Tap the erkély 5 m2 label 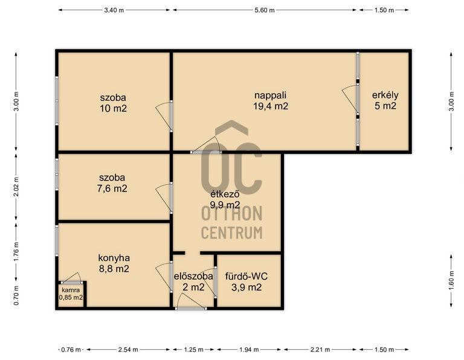[x=385, y=101]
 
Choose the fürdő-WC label [x=246, y=276]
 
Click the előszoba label [x=193, y=276]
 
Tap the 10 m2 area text [x=113, y=108]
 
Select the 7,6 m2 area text [x=112, y=188]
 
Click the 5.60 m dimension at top [x=265, y=10]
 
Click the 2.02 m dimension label [x=16, y=187]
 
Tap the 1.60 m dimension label [x=451, y=281]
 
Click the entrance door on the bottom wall [x=191, y=309]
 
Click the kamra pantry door [x=72, y=283]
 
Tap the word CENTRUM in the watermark [x=232, y=233]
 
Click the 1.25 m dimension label [x=193, y=350]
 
